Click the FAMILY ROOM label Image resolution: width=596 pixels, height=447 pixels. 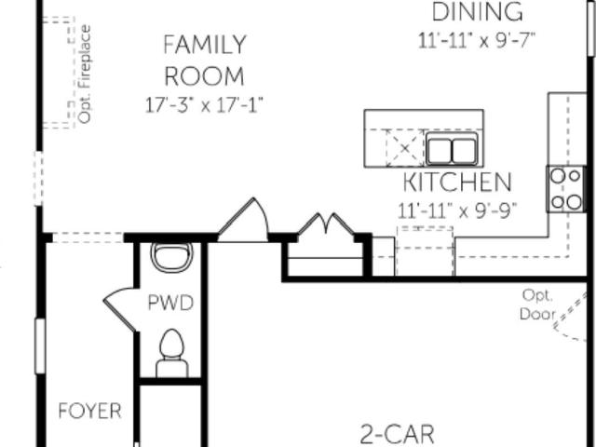point(205,60)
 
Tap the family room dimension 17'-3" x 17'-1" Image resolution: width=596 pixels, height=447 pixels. point(204,105)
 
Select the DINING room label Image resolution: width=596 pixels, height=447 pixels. point(478,12)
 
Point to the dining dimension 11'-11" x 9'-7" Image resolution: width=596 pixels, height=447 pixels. point(477,40)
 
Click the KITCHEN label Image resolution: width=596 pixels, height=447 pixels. point(457,183)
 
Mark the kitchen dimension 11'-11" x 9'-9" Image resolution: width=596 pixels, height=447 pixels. point(457,210)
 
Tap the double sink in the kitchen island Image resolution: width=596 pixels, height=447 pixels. point(452,150)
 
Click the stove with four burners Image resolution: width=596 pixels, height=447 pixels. point(565,189)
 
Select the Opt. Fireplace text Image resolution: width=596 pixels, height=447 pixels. point(85,74)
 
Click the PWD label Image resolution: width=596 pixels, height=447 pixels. point(170,303)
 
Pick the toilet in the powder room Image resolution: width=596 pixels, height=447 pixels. point(172,353)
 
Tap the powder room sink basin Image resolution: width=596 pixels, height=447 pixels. point(171,257)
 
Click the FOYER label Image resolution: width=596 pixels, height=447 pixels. point(90,411)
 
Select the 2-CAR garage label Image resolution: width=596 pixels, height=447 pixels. point(397,435)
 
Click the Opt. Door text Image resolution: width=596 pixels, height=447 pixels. point(537,305)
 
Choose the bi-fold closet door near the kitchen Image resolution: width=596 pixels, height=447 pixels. point(326,223)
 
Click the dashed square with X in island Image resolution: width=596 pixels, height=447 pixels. point(405,148)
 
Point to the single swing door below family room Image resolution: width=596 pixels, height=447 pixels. point(243,220)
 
